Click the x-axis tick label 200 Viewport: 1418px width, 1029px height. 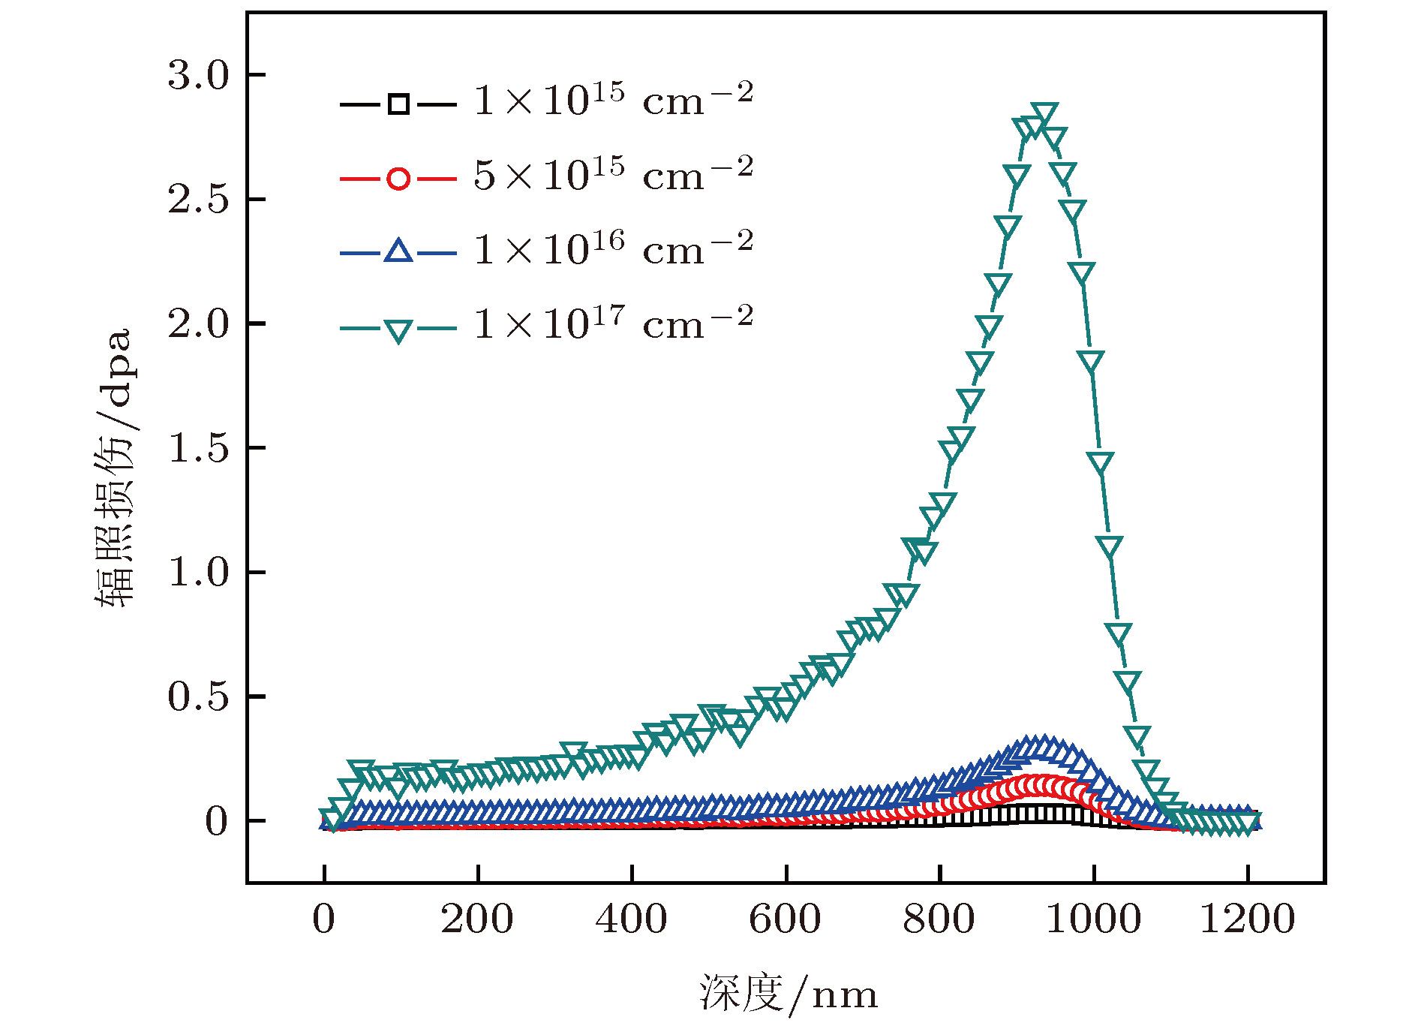pyautogui.click(x=477, y=919)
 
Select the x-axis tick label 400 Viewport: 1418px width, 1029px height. pyautogui.click(x=631, y=919)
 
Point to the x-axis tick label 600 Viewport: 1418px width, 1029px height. pyautogui.click(x=785, y=919)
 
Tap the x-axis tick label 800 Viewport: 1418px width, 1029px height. pyautogui.click(x=939, y=919)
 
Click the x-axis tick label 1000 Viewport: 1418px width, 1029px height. pyautogui.click(x=1093, y=919)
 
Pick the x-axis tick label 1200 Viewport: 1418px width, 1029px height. pyautogui.click(x=1247, y=919)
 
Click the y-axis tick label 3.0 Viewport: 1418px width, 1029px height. pyautogui.click(x=198, y=75)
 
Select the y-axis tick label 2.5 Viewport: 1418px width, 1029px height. pyautogui.click(x=198, y=200)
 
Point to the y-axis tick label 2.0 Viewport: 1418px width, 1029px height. pyautogui.click(x=198, y=323)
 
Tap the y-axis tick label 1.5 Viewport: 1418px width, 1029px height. pyautogui.click(x=198, y=448)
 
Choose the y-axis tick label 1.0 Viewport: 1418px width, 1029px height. pyautogui.click(x=198, y=572)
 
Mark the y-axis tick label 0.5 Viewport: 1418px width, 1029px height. pyautogui.click(x=198, y=697)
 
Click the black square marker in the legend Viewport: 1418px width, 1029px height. pyautogui.click(x=398, y=104)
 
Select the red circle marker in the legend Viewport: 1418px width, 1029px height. pyautogui.click(x=398, y=179)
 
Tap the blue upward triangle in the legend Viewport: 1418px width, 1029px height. pyautogui.click(x=398, y=251)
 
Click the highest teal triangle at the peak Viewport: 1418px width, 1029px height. pyautogui.click(x=1044, y=114)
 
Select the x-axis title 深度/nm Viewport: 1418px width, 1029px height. pyautogui.click(x=788, y=994)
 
